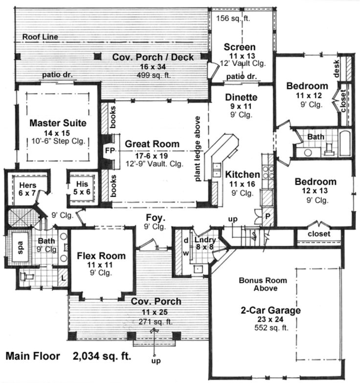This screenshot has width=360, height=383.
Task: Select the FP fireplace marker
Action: tap(109, 150)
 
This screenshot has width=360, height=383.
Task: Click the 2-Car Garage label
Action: tap(270, 310)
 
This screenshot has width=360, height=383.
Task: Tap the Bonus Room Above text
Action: tap(258, 284)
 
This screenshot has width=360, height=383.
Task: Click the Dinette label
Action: tap(241, 97)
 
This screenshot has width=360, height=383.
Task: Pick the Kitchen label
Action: tap(242, 174)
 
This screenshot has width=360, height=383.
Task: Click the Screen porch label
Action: tap(240, 47)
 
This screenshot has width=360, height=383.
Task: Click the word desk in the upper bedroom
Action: tap(337, 71)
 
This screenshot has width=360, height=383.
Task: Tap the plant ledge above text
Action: tap(199, 149)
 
